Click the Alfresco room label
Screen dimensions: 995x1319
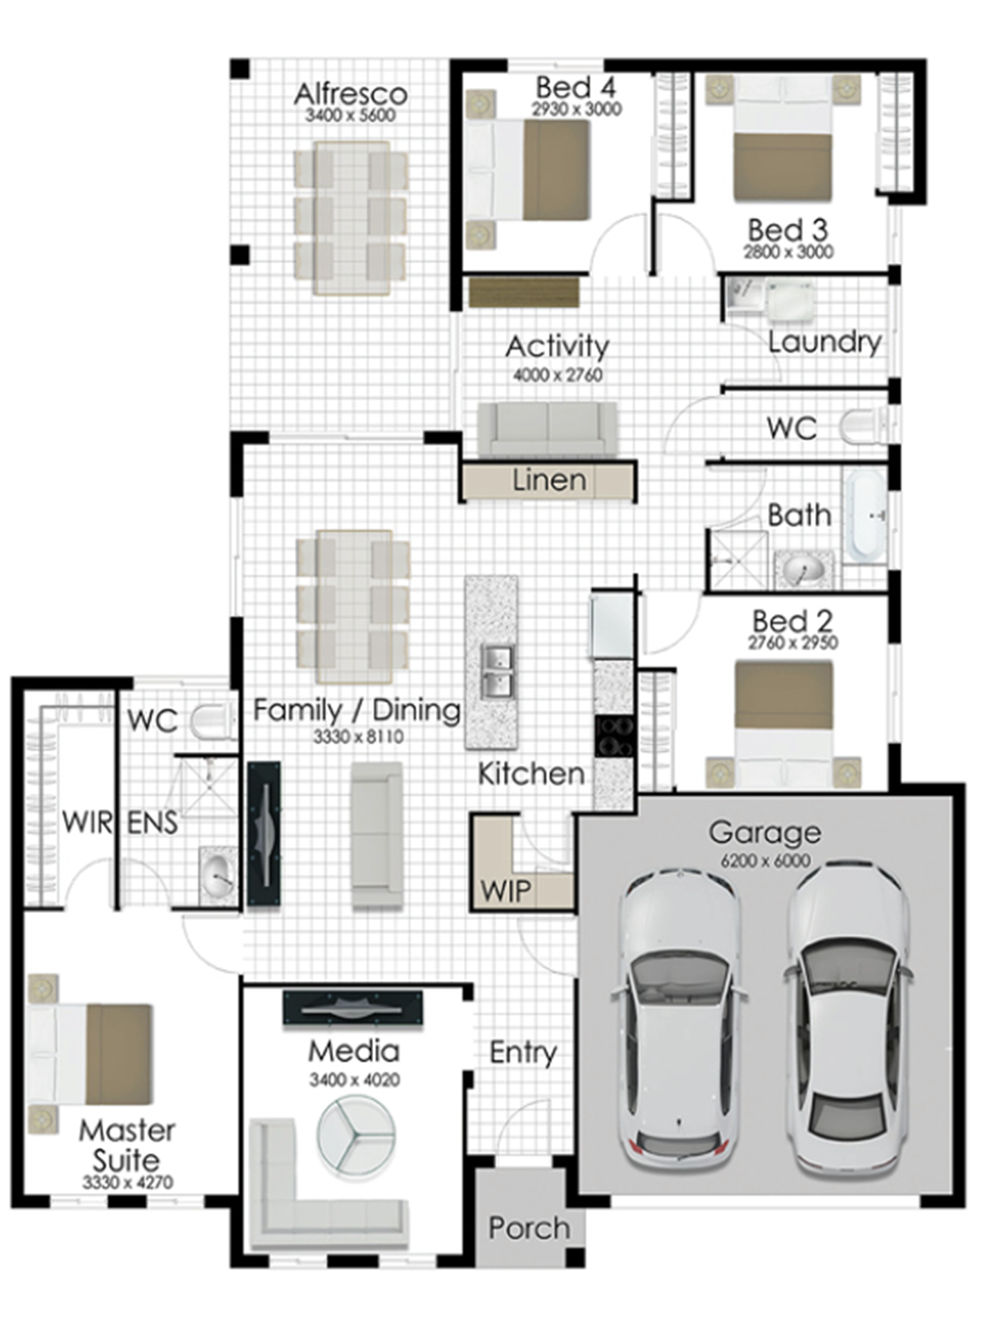coord(350,94)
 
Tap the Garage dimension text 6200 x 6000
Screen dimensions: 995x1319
coord(766,860)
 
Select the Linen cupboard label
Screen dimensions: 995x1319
coord(549,480)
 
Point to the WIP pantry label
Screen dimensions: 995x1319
coord(506,891)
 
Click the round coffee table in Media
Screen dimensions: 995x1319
coord(356,1134)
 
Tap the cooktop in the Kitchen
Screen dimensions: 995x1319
coord(614,737)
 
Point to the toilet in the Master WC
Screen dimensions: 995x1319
coord(213,722)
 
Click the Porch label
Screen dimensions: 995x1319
coord(529,1228)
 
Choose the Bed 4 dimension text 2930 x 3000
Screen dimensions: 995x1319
coord(576,109)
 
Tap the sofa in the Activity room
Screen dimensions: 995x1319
coord(547,429)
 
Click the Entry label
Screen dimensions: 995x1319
coord(523,1053)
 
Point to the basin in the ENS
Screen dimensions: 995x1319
coord(218,874)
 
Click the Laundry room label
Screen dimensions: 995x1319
coord(825,343)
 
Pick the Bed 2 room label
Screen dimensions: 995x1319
coord(793,621)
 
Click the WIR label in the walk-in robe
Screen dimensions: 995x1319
coord(87,822)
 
